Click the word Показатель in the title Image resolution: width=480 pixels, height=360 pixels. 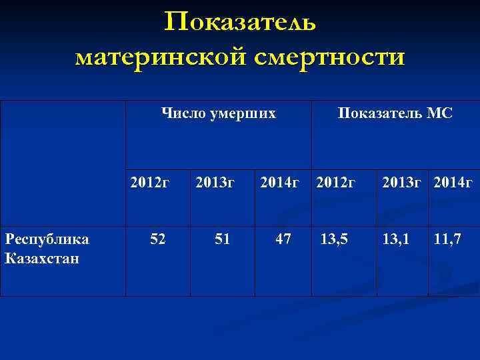240,22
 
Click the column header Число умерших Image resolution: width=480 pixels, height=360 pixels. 219,114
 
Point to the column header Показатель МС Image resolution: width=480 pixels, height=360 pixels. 395,114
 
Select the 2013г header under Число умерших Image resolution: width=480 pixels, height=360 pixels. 215,181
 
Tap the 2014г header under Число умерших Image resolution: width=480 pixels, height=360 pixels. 279,181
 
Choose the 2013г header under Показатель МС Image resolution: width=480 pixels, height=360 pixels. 401,181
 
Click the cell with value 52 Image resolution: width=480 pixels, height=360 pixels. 158,239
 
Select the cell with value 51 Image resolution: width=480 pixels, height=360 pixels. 222,239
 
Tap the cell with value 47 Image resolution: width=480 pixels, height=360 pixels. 283,239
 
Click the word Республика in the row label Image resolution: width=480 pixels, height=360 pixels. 47,240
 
